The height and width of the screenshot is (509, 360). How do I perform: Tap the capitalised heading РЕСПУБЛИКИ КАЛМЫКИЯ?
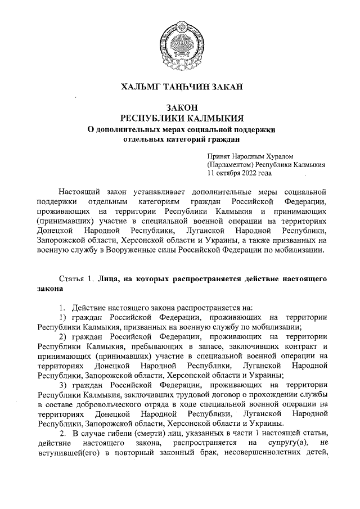pyautogui.click(x=180, y=118)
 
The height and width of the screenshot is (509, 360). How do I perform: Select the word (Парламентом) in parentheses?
pyautogui.click(x=230, y=165)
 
